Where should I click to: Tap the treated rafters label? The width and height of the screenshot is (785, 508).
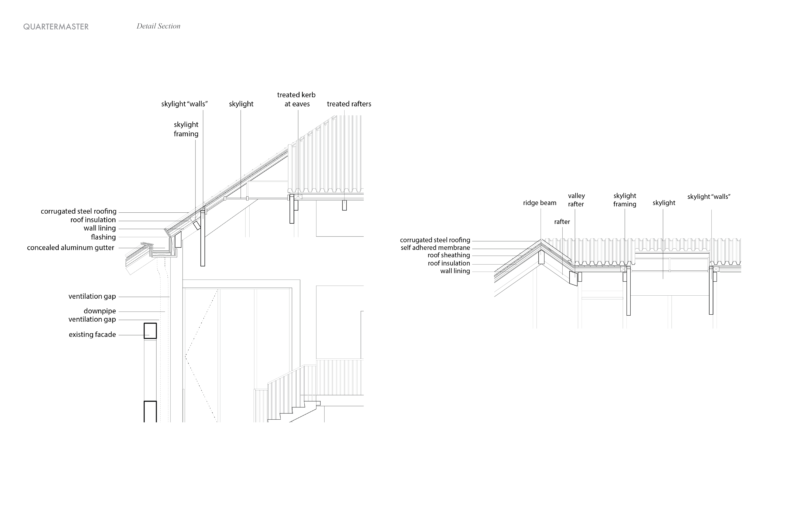[x=349, y=104]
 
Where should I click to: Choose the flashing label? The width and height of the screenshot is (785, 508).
[x=103, y=237]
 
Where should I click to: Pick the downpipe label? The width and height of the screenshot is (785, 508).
[x=100, y=311]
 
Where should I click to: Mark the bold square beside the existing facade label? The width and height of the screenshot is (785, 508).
[x=150, y=331]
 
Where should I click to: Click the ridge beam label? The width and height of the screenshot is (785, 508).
[x=540, y=203]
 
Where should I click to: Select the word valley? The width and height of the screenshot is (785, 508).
[x=576, y=196]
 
